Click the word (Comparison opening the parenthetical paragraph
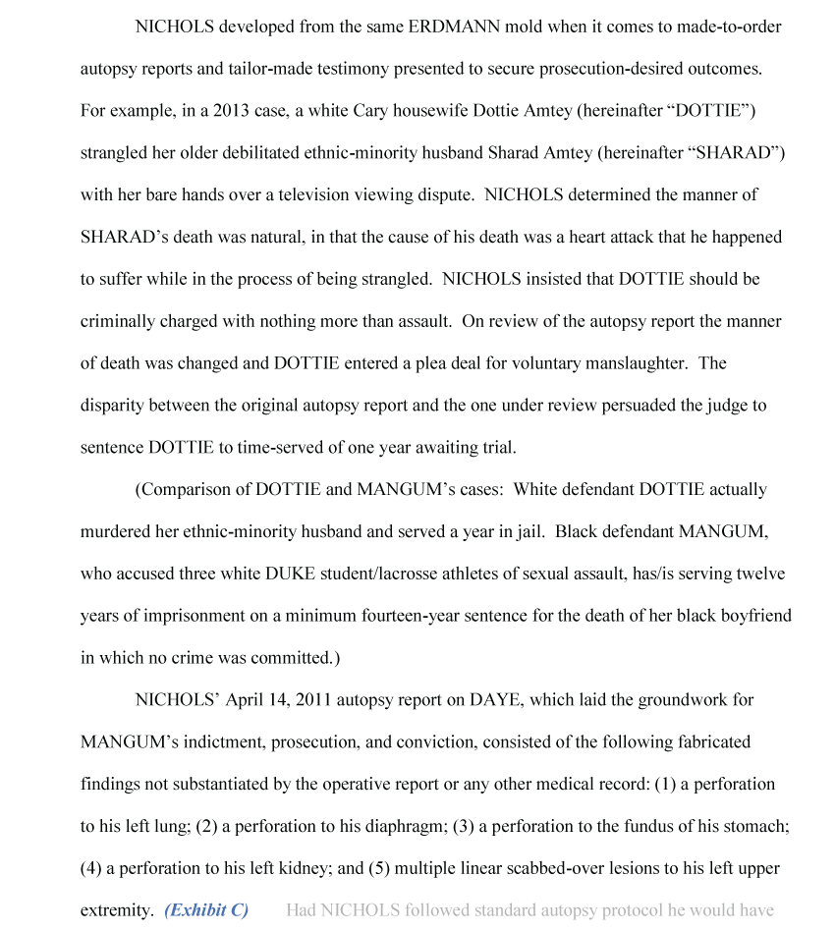coord(184,489)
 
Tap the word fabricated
coord(715,742)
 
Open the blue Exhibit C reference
coord(206,910)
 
